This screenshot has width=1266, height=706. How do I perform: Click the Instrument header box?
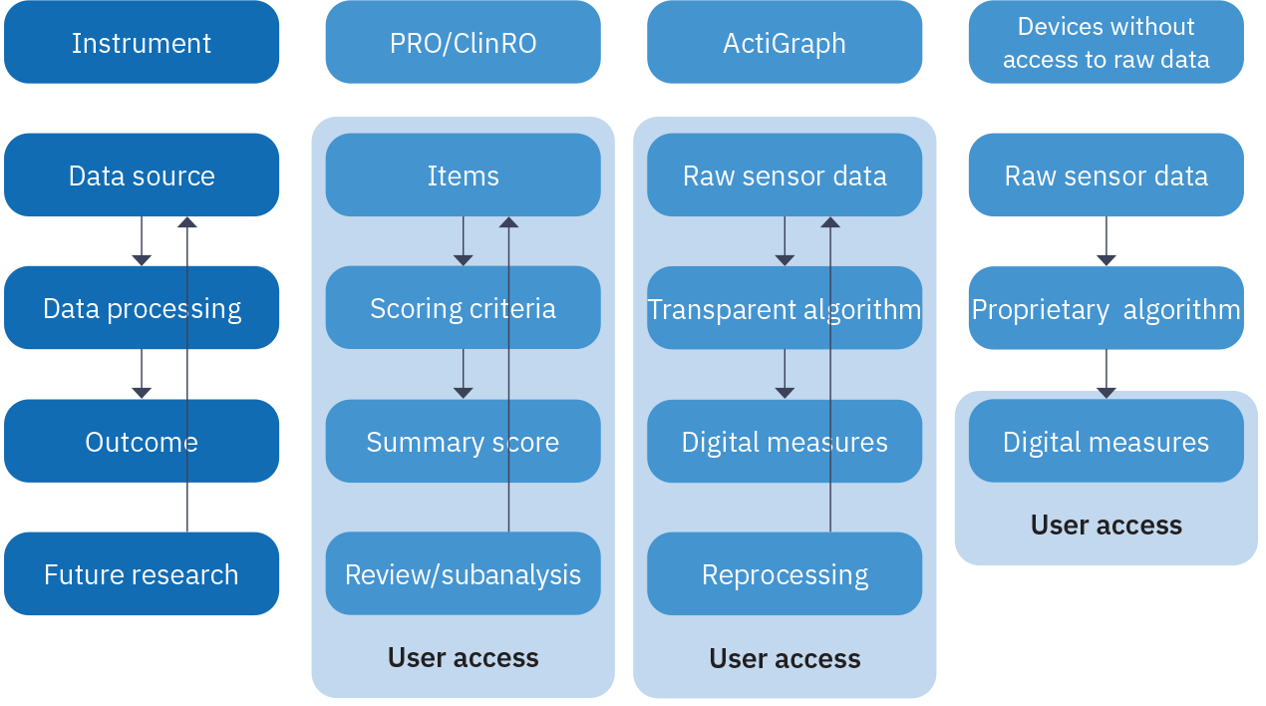tap(142, 43)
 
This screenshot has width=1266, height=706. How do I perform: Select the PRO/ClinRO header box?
tap(463, 43)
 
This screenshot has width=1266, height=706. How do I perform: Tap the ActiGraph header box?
tap(785, 43)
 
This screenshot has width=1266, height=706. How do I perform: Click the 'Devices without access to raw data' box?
tap(1106, 43)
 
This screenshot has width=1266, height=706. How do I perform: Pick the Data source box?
tap(142, 176)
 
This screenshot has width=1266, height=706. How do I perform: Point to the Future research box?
tap(142, 574)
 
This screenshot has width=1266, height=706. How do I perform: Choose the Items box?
tap(463, 176)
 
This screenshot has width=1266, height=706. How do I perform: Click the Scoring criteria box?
tap(463, 308)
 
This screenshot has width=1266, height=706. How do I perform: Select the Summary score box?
tap(463, 442)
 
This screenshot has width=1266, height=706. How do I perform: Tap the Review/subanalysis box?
tap(463, 574)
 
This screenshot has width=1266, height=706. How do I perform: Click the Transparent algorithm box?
tap(785, 308)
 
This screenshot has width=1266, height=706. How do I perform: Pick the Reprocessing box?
tap(785, 574)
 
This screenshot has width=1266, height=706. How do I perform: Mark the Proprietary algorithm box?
tap(1106, 308)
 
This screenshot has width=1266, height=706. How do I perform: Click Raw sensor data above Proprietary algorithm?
tap(1106, 176)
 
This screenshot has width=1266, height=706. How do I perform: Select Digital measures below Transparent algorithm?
tap(785, 442)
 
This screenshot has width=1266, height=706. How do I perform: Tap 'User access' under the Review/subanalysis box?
tap(463, 658)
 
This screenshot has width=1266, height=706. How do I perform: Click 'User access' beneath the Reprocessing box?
tap(785, 658)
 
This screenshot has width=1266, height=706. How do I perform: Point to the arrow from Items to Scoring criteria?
tap(463, 241)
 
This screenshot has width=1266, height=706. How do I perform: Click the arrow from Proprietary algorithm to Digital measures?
tap(1106, 374)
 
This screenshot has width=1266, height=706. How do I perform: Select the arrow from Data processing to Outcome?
tap(142, 374)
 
